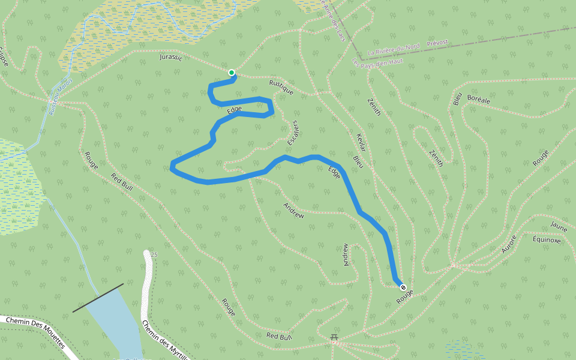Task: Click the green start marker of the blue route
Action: click(x=232, y=73)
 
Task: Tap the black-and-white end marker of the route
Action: click(x=403, y=287)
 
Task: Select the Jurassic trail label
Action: click(x=171, y=58)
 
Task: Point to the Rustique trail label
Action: click(x=281, y=88)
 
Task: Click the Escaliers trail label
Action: click(x=293, y=133)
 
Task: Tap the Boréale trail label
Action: click(x=478, y=101)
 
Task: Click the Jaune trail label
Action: click(x=558, y=227)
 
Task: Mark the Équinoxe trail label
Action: click(x=546, y=240)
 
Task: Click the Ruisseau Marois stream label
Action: click(x=61, y=96)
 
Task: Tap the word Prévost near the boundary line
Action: click(x=437, y=43)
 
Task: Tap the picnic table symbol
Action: click(x=334, y=338)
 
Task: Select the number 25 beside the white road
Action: click(x=154, y=255)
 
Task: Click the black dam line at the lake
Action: click(x=98, y=298)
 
